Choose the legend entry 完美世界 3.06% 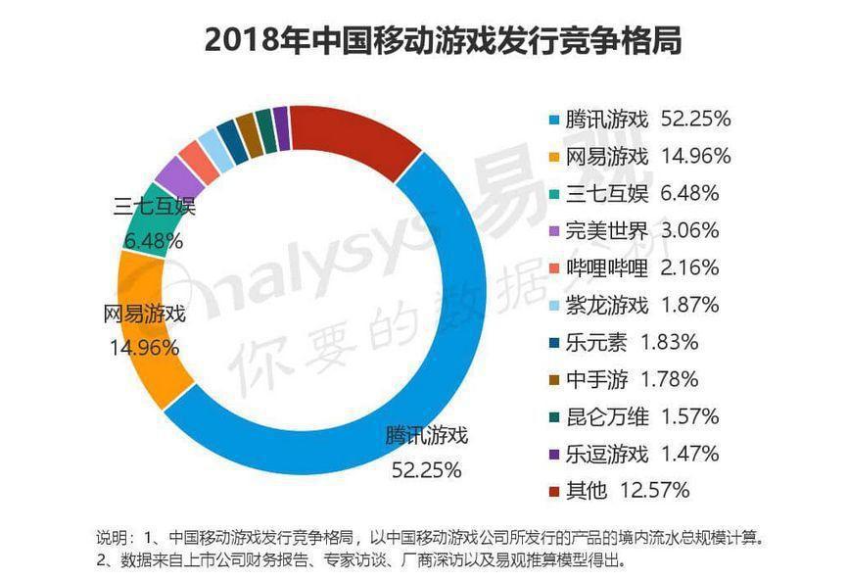click(x=641, y=231)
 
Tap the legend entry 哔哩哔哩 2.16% click(x=641, y=268)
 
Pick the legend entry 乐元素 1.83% click(x=632, y=342)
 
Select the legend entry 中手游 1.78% click(x=632, y=379)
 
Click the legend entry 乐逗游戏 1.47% click(x=641, y=454)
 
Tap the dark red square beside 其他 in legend click(x=554, y=491)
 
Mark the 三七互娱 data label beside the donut click(x=155, y=207)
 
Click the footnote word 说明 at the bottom click(x=112, y=538)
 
